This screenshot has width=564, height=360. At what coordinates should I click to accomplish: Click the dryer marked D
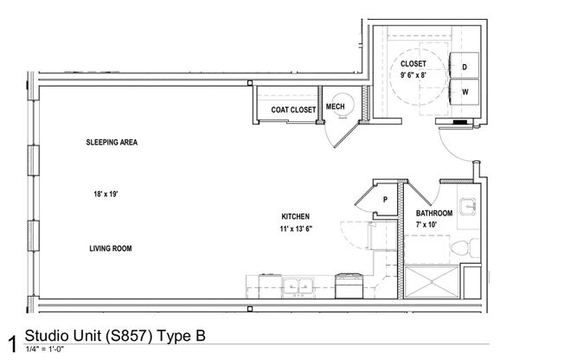465,67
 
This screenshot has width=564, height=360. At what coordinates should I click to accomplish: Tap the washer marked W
465,91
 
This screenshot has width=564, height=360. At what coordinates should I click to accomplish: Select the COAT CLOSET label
293,110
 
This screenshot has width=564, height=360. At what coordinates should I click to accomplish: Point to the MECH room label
336,106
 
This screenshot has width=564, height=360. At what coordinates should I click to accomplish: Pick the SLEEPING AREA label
112,142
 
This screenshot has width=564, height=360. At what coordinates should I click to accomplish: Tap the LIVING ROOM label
110,248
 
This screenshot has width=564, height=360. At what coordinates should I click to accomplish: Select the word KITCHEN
295,216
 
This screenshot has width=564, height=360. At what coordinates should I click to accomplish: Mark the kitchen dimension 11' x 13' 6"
295,229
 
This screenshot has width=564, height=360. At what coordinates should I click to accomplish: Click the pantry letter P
384,198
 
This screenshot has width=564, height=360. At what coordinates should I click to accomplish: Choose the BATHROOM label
434,213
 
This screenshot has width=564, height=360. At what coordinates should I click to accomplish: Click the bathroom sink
467,207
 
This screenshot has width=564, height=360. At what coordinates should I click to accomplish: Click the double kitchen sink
298,283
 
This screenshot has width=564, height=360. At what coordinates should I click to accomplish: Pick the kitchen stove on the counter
350,281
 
